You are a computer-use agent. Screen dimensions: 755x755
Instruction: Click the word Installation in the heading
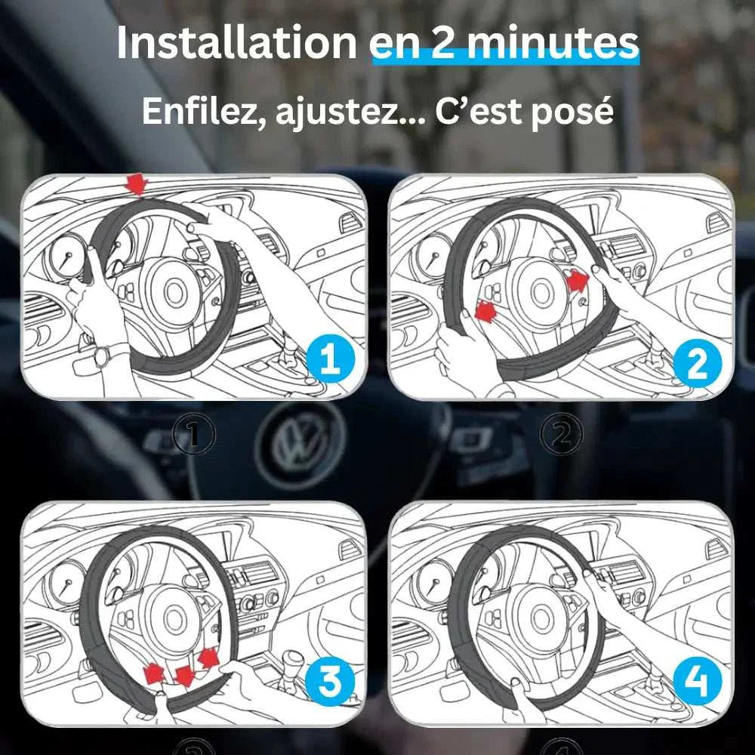tap(236, 43)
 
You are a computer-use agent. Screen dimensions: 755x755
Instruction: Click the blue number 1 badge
tap(331, 359)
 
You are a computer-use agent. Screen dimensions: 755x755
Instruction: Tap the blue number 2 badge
tap(697, 364)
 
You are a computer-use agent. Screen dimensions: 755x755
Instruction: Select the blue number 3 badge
tap(330, 682)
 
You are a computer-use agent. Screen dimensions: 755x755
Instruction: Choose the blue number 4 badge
tap(697, 682)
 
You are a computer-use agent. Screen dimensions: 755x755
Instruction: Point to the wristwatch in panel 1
tap(103, 357)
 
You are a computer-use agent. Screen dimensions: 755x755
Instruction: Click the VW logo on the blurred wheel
tap(300, 445)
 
